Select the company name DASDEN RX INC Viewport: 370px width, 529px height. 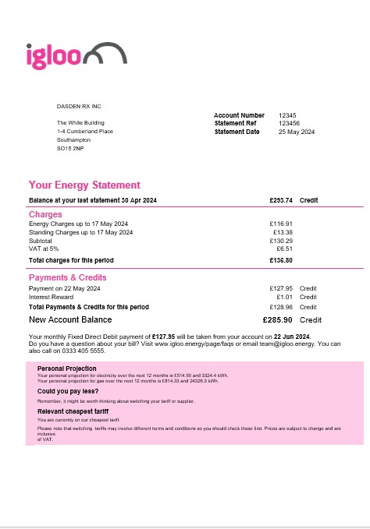pos(80,105)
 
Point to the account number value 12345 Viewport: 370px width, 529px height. pos(287,115)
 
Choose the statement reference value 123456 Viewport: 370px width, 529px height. pos(289,123)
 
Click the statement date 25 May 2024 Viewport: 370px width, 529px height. pos(297,132)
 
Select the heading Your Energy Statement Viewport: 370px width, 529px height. pos(84,185)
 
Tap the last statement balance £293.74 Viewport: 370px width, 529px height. pos(280,200)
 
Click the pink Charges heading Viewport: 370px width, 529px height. pos(45,214)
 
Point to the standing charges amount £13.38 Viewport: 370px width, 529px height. pos(283,232)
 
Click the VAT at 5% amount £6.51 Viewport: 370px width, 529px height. pos(284,249)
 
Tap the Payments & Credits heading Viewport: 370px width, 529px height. pos(68,277)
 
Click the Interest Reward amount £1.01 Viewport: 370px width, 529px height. pos(284,297)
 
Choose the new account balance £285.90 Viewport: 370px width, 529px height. pos(278,319)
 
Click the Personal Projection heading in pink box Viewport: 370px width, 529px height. pos(67,369)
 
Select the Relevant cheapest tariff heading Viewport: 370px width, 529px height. pos(73,411)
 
